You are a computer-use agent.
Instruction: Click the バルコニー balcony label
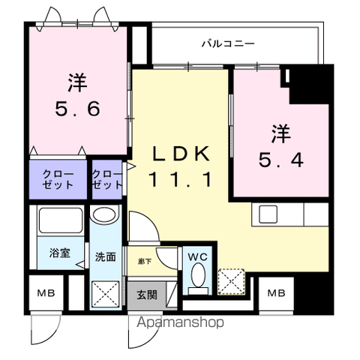228,43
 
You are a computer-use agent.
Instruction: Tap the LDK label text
181,154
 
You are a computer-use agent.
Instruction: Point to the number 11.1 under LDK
181,179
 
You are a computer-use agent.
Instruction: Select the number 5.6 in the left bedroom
77,109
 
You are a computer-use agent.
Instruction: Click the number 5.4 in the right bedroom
281,160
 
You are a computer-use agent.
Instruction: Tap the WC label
198,257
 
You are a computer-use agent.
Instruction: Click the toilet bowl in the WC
198,275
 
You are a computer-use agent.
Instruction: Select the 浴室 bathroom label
60,253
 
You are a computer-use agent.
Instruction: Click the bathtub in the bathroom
61,220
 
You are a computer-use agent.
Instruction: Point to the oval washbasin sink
104,214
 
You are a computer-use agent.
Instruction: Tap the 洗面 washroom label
106,256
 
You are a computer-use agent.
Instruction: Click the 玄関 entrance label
147,295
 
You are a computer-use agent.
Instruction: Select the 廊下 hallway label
145,262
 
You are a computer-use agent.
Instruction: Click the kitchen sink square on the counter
268,214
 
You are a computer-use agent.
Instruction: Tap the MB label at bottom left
46,292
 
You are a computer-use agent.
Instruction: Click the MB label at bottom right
276,292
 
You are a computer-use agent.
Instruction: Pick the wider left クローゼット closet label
58,179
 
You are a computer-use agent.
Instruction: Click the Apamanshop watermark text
180,322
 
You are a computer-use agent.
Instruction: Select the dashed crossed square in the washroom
105,294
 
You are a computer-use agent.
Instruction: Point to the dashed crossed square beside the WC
231,281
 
